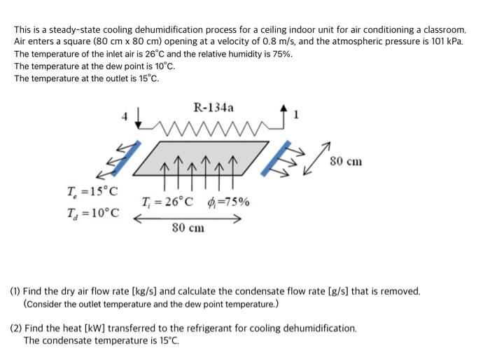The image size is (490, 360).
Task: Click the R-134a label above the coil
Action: click(x=213, y=108)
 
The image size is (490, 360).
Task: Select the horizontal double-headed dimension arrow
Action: click(x=188, y=218)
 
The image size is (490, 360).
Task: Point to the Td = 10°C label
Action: click(x=92, y=212)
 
